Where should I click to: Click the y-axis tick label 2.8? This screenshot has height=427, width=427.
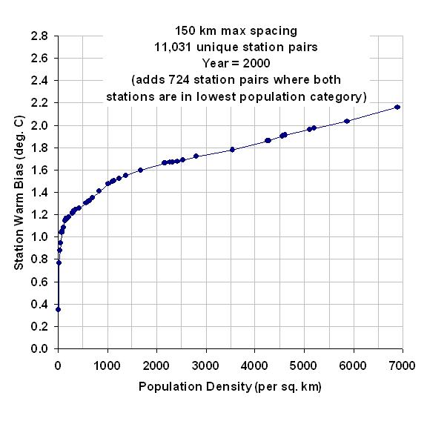click(39, 36)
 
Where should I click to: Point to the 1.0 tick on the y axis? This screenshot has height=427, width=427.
click(39, 236)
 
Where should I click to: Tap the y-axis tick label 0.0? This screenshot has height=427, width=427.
click(39, 348)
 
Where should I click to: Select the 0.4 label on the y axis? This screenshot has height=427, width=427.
click(39, 304)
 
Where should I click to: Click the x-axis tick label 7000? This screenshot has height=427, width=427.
click(403, 365)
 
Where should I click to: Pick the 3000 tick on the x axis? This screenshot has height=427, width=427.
click(205, 365)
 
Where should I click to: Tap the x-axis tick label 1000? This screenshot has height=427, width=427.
click(107, 365)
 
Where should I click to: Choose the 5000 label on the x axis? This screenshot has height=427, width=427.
click(303, 365)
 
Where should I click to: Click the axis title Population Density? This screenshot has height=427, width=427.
click(195, 387)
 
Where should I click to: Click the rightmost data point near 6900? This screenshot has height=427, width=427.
click(397, 107)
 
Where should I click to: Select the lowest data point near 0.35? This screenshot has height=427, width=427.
click(58, 309)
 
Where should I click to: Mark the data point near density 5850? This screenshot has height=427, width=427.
click(347, 121)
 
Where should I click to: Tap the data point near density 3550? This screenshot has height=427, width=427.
click(232, 150)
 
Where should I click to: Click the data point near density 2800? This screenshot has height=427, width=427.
click(196, 156)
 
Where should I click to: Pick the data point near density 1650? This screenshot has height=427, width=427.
click(141, 170)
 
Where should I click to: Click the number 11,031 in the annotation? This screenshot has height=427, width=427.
click(173, 47)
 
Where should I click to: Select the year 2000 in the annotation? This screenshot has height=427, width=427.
click(256, 64)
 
